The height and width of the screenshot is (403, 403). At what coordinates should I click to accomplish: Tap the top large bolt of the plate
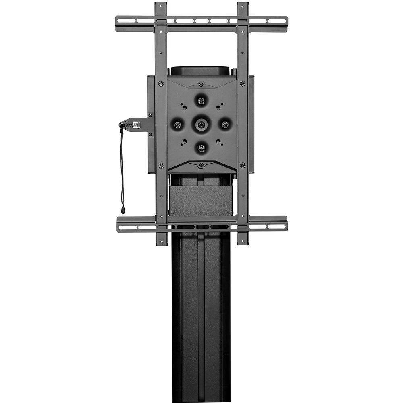201,99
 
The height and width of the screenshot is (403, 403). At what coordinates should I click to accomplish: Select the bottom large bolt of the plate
201,148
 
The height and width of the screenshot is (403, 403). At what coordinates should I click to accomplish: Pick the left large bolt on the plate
177,124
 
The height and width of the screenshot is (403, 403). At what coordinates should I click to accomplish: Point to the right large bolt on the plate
225,124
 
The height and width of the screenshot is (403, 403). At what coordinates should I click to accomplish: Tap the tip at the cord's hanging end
123,210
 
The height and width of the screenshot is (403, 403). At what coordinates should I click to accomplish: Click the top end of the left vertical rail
161,6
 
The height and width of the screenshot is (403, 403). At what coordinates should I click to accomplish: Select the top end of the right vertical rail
243,6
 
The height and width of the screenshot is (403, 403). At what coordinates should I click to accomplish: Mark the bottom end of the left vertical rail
162,242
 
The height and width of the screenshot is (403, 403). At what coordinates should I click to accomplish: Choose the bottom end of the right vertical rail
243,242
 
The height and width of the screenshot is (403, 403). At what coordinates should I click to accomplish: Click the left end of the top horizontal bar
118,23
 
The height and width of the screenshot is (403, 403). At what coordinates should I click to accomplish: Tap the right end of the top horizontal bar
285,23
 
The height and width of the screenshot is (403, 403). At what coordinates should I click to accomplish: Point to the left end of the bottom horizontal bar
119,224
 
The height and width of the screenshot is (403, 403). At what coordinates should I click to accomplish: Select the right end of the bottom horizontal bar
285,224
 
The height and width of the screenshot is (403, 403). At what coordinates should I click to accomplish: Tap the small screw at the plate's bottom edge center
201,164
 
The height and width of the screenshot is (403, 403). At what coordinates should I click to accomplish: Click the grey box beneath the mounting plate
201,201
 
